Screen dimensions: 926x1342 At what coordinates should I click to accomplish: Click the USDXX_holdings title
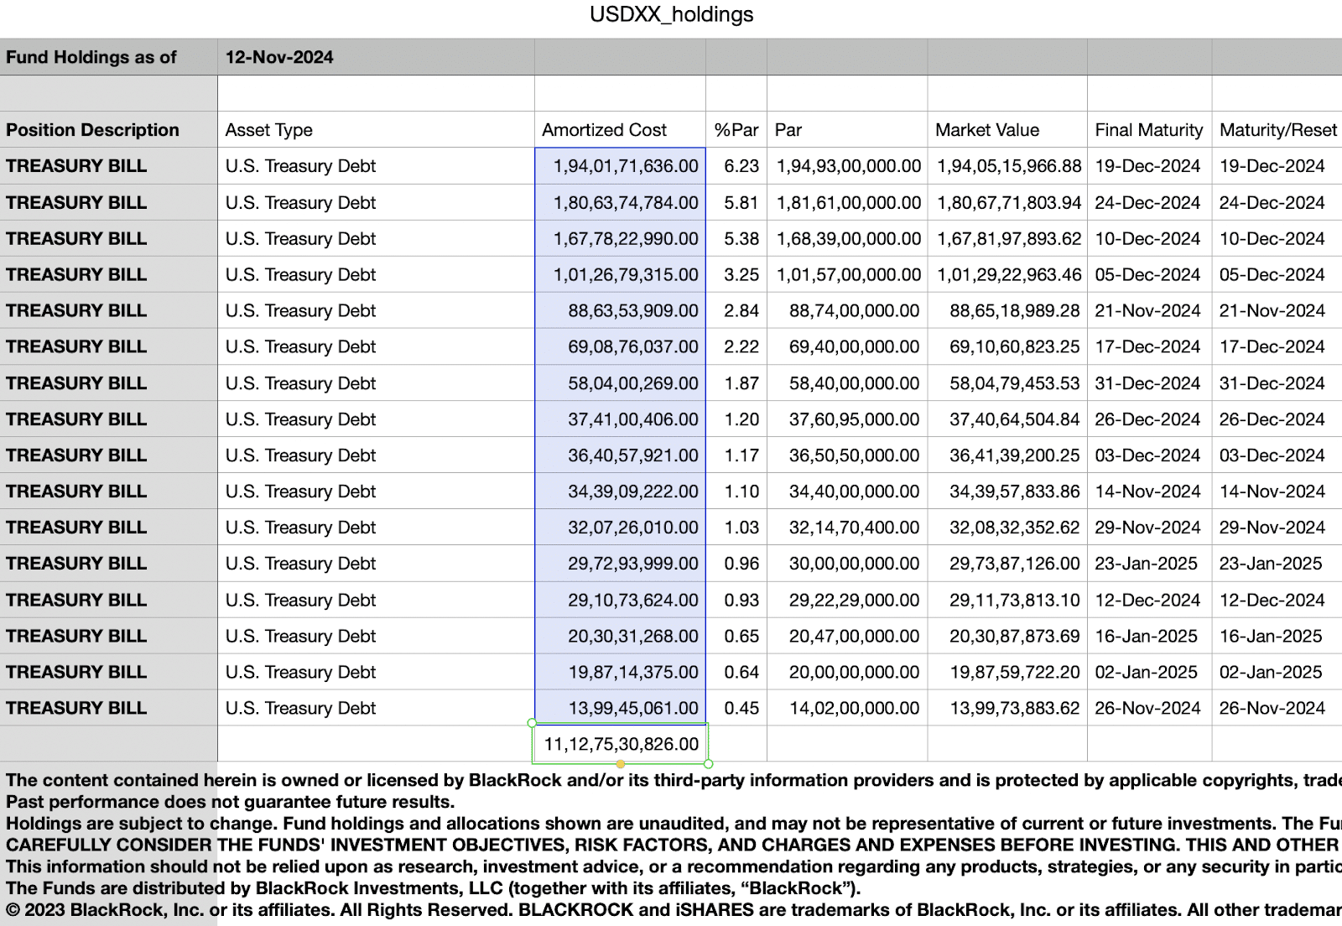[671, 15]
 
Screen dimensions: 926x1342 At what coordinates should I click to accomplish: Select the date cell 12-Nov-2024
[279, 57]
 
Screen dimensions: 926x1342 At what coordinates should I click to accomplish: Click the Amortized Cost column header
[604, 130]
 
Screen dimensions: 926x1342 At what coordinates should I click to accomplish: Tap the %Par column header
[736, 130]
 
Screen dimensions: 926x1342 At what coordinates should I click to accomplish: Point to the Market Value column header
[987, 130]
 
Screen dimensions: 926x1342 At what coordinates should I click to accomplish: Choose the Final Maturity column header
[1148, 130]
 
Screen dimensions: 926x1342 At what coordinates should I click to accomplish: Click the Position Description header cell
[92, 130]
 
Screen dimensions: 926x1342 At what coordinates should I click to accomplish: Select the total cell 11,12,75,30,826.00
[621, 744]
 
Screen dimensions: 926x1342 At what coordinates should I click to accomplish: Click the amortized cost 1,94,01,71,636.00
[626, 166]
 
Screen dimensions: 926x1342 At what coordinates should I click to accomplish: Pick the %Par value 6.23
[741, 166]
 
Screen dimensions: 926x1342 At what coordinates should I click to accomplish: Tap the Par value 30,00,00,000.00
[854, 564]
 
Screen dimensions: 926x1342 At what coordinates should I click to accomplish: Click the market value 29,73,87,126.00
[1014, 564]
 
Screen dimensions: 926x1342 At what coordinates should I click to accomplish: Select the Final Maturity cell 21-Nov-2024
[1147, 310]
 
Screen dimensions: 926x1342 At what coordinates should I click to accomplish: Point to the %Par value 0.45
[741, 708]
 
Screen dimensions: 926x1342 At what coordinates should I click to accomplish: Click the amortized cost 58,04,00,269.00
[632, 383]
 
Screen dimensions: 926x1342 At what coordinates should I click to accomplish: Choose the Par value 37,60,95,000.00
[854, 419]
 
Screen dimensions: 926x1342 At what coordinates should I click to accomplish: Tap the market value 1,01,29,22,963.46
[1009, 274]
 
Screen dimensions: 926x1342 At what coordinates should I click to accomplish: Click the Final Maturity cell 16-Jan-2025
[1146, 636]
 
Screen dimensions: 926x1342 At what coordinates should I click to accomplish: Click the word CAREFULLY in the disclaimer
[57, 845]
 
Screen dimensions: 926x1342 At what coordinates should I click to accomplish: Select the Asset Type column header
[268, 130]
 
